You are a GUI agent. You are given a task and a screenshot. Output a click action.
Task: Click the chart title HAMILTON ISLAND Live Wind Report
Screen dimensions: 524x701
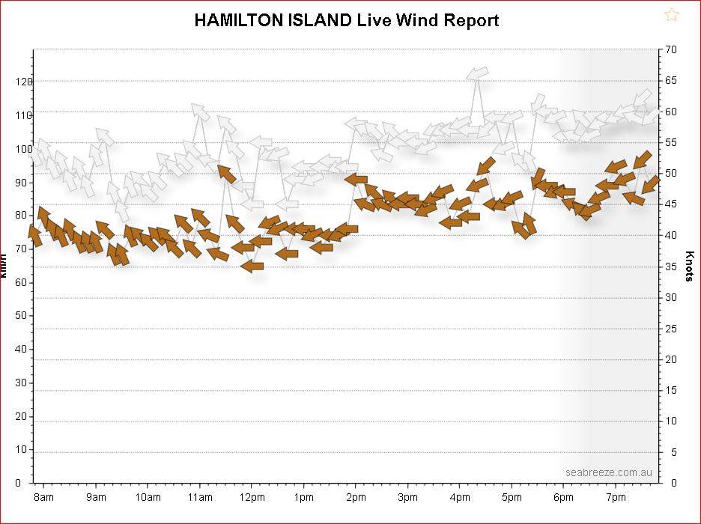tap(346, 20)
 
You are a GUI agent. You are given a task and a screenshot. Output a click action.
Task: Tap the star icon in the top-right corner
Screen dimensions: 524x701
tap(671, 15)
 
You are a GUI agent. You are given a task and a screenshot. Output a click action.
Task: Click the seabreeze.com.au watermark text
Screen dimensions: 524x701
tap(609, 472)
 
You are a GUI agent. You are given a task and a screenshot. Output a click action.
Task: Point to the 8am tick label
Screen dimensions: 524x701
tap(43, 497)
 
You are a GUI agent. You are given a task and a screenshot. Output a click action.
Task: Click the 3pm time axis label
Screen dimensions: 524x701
tap(407, 497)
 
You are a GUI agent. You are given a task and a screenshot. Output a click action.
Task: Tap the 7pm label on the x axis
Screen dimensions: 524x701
tap(616, 497)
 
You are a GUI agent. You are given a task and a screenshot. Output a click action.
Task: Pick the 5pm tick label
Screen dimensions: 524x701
tap(512, 497)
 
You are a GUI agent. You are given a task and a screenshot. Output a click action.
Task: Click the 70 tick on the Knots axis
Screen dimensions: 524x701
tap(671, 49)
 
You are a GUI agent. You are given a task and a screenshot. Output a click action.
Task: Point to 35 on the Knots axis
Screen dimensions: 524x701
tap(671, 266)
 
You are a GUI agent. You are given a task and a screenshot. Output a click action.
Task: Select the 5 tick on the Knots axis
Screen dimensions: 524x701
tap(673, 452)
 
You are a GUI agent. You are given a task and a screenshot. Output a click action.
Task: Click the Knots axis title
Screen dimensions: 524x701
tap(690, 266)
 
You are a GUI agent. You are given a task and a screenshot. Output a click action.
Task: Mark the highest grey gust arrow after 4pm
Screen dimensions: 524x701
tap(477, 73)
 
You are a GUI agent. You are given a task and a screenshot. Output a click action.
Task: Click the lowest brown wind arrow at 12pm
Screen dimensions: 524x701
tap(252, 265)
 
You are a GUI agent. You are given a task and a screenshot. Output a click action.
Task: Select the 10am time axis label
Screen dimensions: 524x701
tap(148, 497)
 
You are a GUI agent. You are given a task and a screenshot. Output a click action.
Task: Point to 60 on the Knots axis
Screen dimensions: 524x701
tap(671, 112)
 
